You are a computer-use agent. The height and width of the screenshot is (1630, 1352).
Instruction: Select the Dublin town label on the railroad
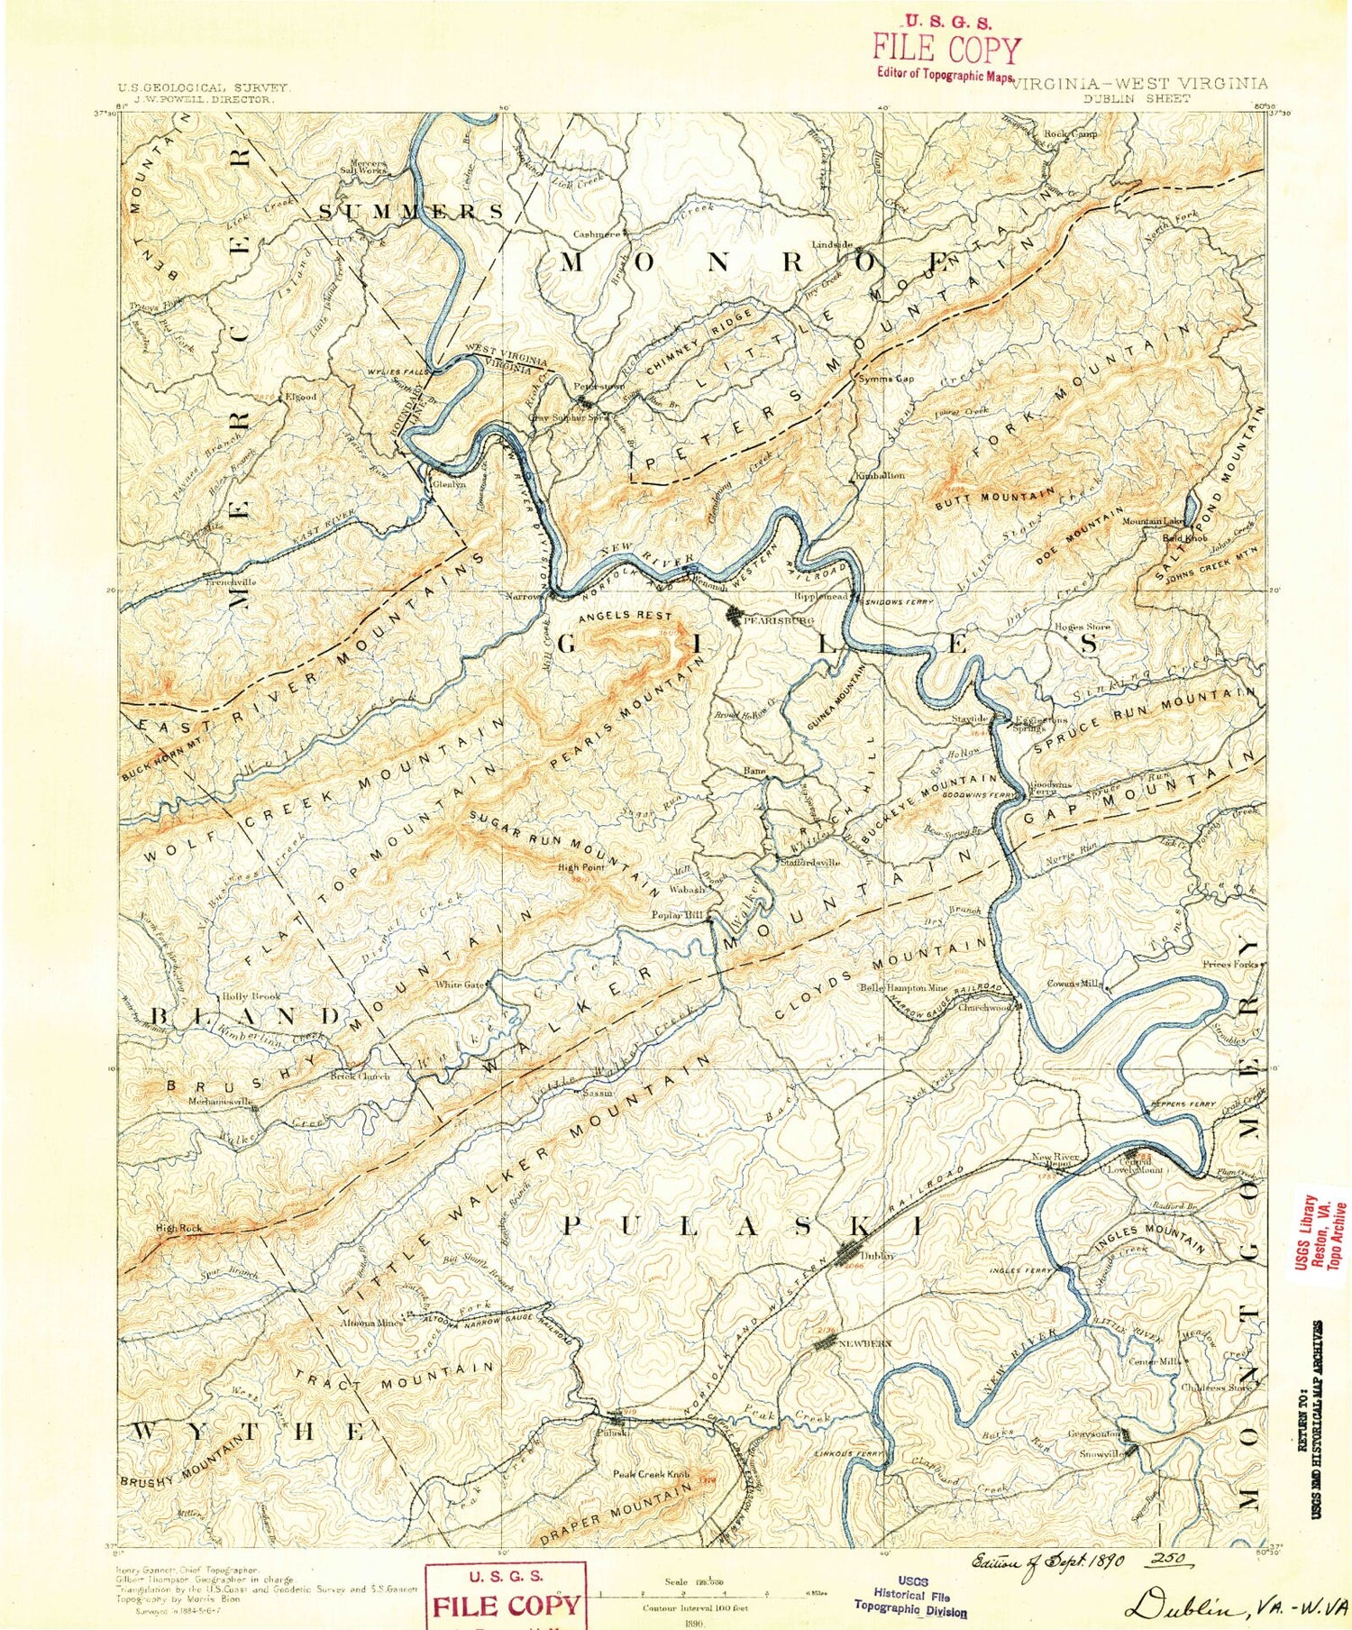tap(874, 1255)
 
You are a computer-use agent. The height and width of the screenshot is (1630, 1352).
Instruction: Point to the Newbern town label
tap(864, 1343)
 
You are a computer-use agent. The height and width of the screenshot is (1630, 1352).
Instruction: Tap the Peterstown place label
tap(598, 386)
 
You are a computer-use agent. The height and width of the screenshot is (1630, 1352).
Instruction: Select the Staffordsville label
tap(809, 862)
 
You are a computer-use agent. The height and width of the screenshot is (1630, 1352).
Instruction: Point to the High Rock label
tap(178, 1228)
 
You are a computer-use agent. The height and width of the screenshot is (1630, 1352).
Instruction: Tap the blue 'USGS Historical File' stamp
tap(910, 1597)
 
